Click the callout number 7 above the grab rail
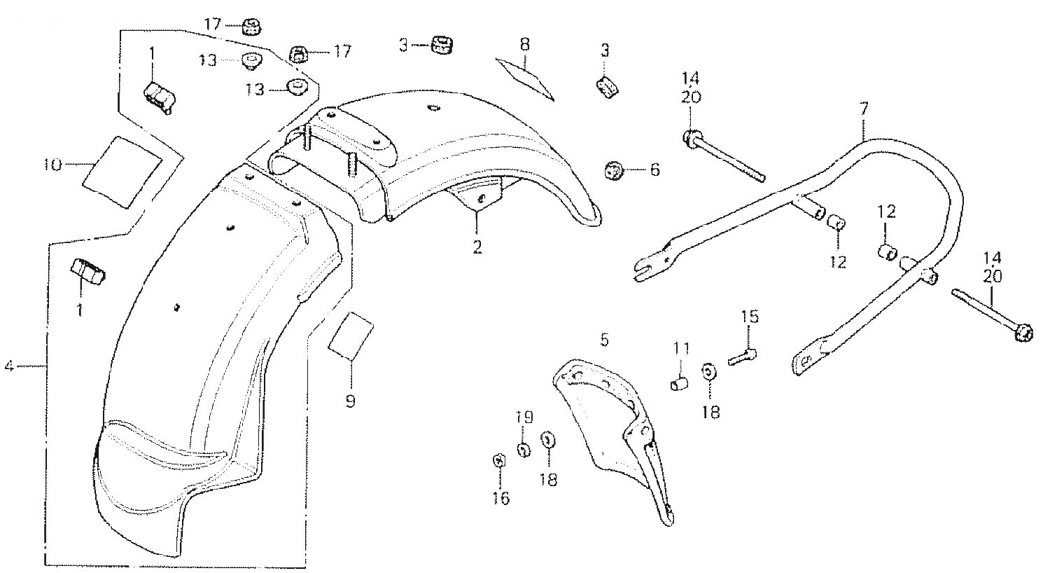[x=864, y=109]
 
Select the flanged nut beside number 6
[x=614, y=170]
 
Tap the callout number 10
[x=52, y=165]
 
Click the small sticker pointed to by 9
[x=351, y=336]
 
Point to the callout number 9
[x=350, y=401]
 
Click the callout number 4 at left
[x=9, y=366]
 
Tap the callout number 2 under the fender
[x=477, y=247]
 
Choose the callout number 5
[x=605, y=340]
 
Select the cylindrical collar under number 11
[x=679, y=385]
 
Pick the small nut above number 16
[x=499, y=461]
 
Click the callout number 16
[x=500, y=498]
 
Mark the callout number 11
[x=682, y=348]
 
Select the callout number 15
[x=750, y=317]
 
